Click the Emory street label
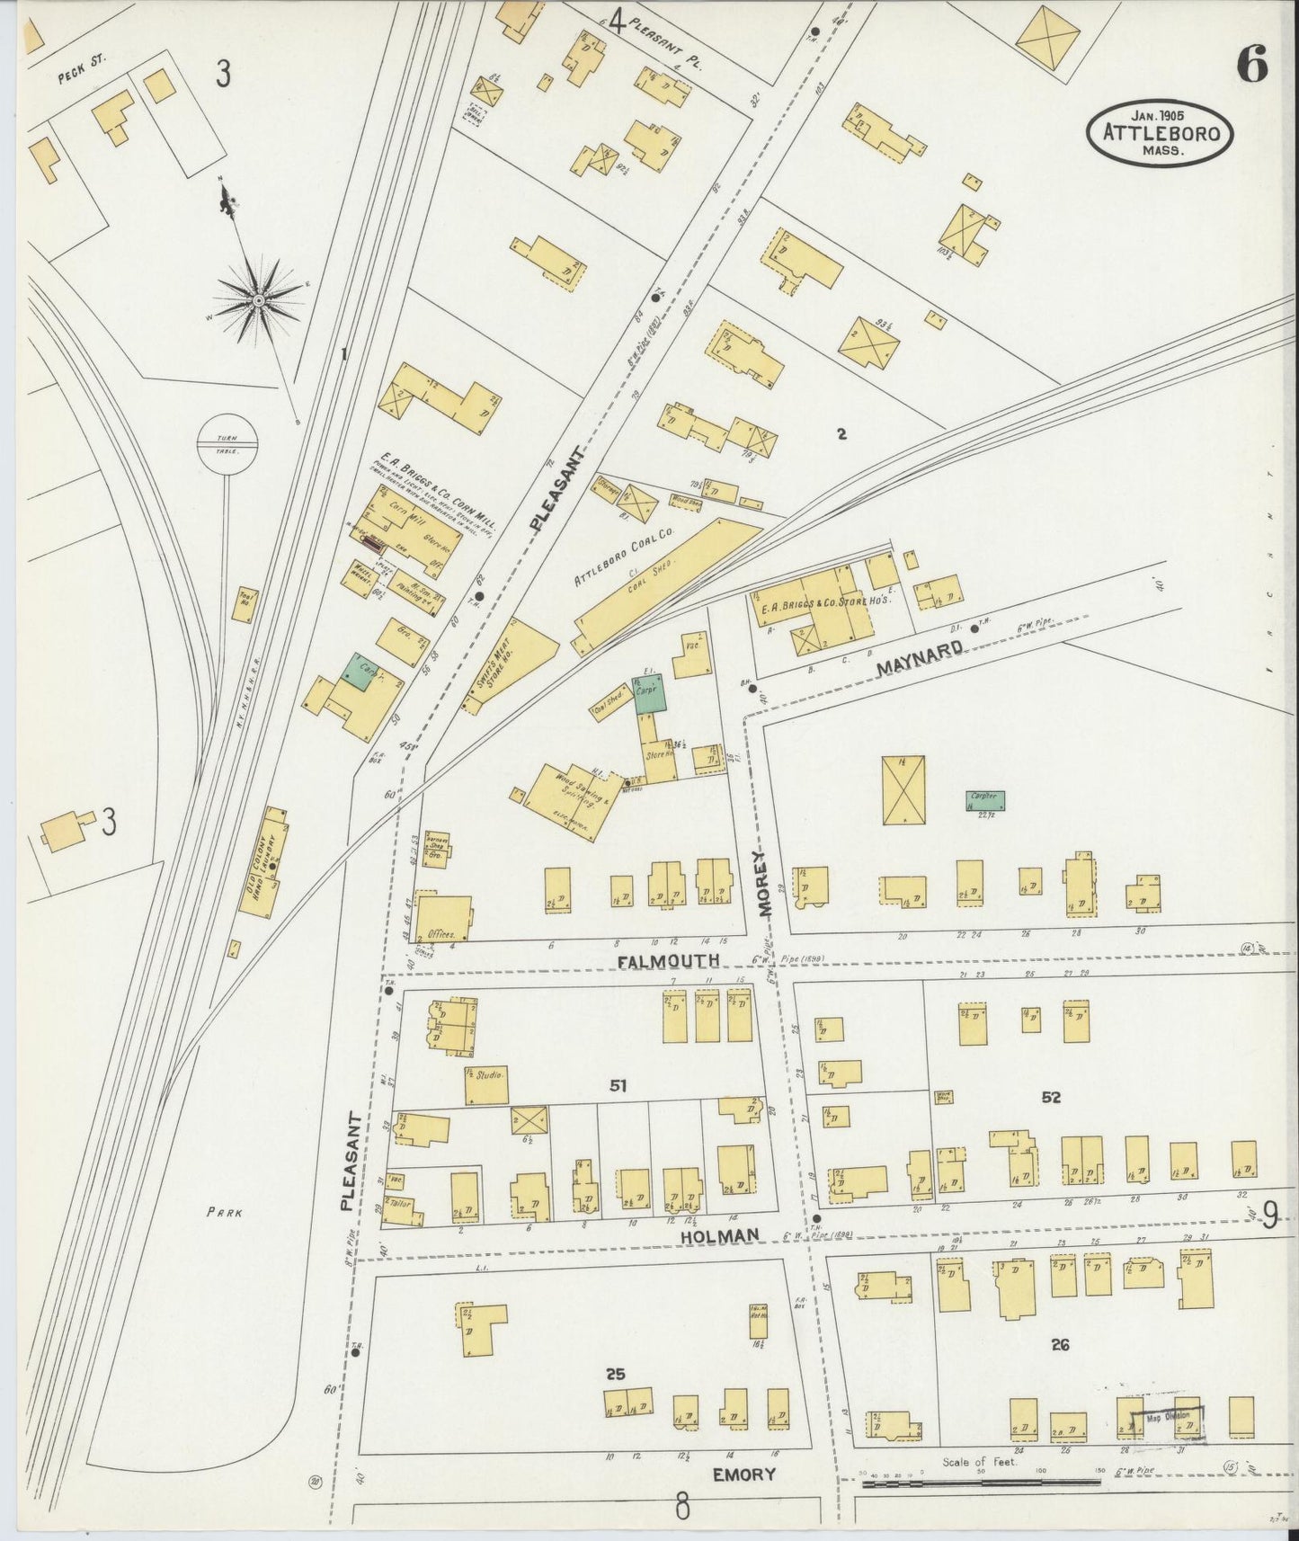(743, 1474)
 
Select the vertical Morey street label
(765, 882)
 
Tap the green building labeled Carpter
(985, 800)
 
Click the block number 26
(1060, 1344)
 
